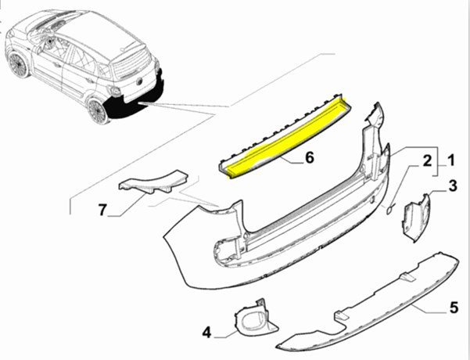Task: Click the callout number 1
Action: (450, 160)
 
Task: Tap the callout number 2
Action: (427, 161)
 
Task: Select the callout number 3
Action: (453, 185)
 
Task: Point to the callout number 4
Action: (206, 333)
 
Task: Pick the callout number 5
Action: (454, 308)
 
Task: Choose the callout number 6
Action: (309, 157)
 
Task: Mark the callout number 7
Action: (102, 210)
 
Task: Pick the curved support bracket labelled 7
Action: (152, 182)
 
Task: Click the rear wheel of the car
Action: (99, 112)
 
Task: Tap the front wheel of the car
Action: (17, 64)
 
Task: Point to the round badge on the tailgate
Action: (140, 81)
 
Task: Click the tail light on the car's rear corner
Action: (114, 91)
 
